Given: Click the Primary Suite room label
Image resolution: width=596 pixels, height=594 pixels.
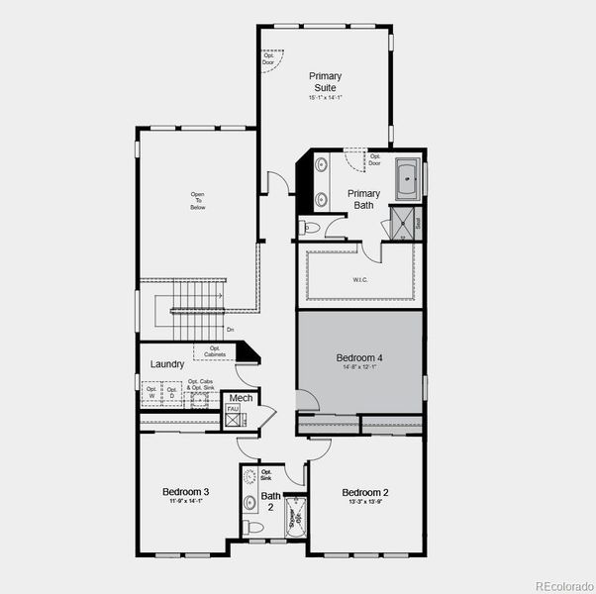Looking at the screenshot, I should tap(325, 81).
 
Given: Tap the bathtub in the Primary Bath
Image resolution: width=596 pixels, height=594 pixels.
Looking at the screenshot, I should tap(407, 181).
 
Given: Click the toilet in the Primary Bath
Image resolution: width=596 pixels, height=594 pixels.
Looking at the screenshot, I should tap(311, 228).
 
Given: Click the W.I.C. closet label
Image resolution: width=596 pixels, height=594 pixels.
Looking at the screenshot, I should tap(360, 280).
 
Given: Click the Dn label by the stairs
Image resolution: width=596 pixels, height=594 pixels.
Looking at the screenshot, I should tap(231, 330).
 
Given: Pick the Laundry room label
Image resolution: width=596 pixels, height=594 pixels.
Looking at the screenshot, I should tap(167, 364).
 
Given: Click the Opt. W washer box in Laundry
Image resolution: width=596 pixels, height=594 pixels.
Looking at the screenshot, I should tap(151, 393).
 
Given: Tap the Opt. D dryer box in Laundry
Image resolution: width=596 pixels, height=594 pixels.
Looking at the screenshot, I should tap(171, 393).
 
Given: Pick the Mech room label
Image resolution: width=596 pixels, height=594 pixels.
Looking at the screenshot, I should tap(241, 398).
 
